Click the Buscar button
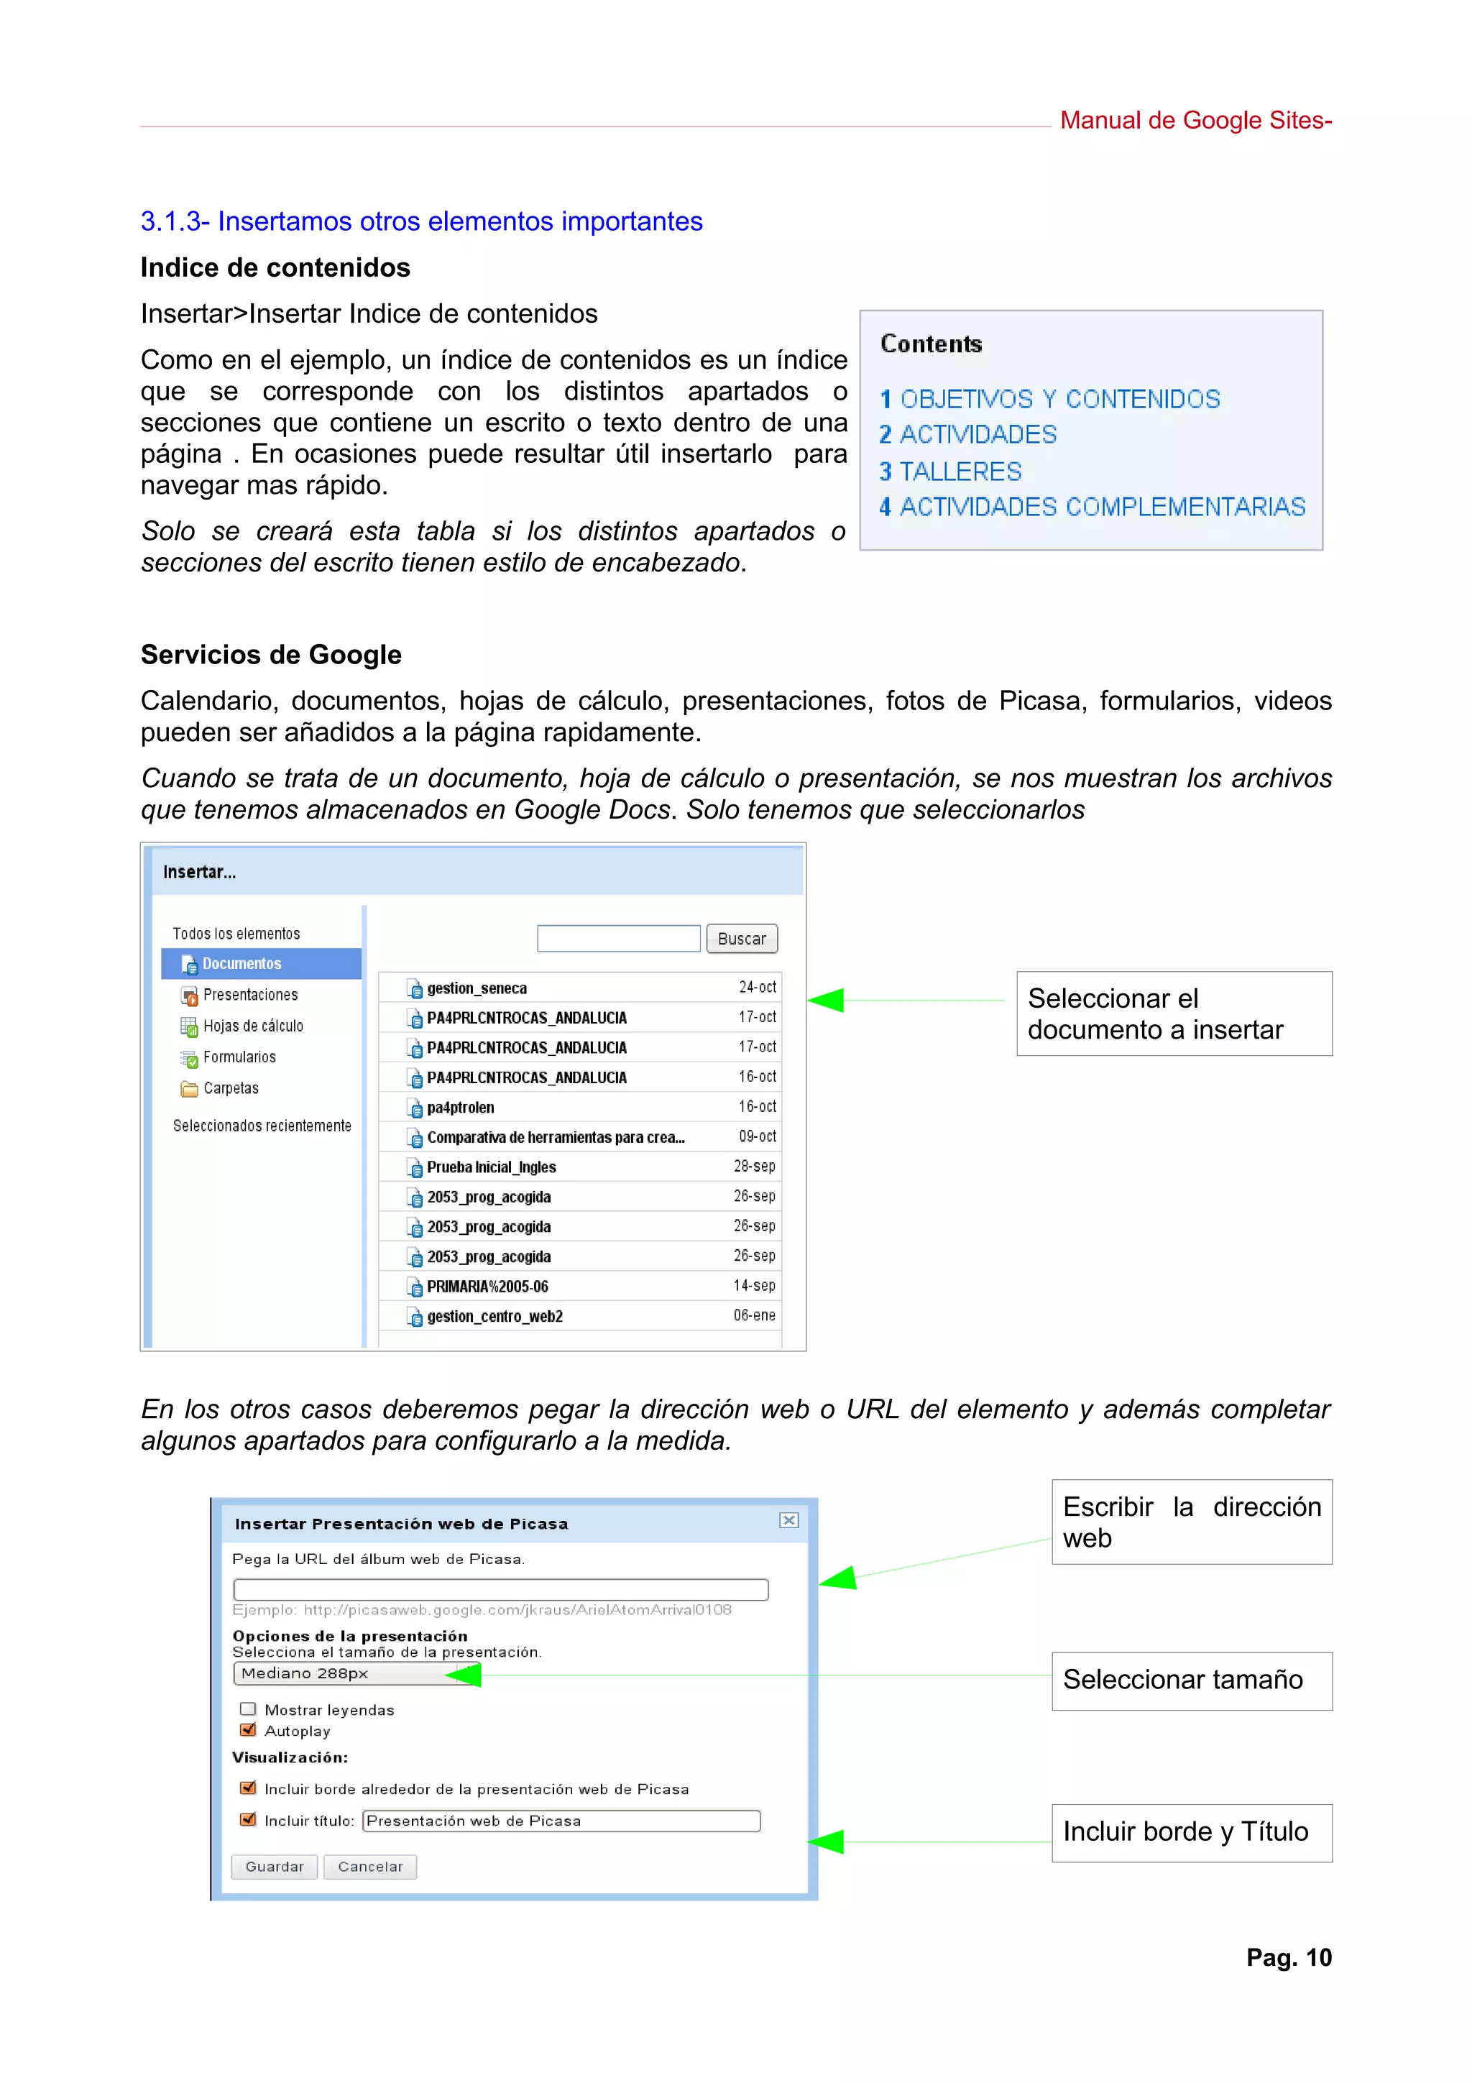[x=741, y=939]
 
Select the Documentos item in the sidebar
[x=241, y=963]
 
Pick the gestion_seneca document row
[x=477, y=988]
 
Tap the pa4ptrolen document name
[x=461, y=1108]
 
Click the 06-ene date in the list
[x=754, y=1315]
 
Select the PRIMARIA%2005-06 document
[x=487, y=1287]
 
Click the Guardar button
[x=274, y=1866]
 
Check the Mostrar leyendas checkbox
[x=247, y=1709]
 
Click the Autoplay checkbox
[x=247, y=1730]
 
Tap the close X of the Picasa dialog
[x=788, y=1520]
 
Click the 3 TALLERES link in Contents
[x=949, y=472]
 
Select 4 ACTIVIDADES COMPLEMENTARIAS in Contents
[x=1091, y=507]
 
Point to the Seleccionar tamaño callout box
[x=1191, y=1680]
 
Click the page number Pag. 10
[x=1288, y=1958]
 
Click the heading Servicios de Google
[x=271, y=655]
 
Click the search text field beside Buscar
[x=619, y=939]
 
